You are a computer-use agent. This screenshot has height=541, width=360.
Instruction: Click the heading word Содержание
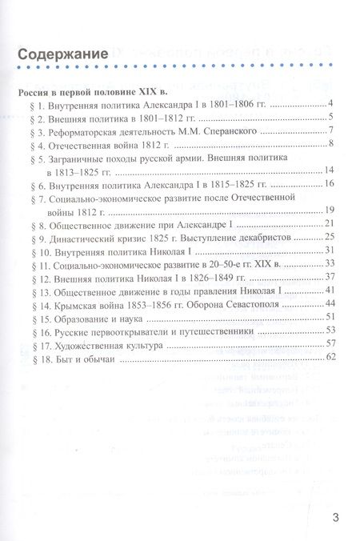62,54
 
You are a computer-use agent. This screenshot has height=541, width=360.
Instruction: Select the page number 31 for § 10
327,250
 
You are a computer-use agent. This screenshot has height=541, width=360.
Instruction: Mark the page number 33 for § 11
327,263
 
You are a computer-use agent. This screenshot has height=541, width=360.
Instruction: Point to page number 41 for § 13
327,290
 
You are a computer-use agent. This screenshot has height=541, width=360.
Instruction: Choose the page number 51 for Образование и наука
327,317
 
